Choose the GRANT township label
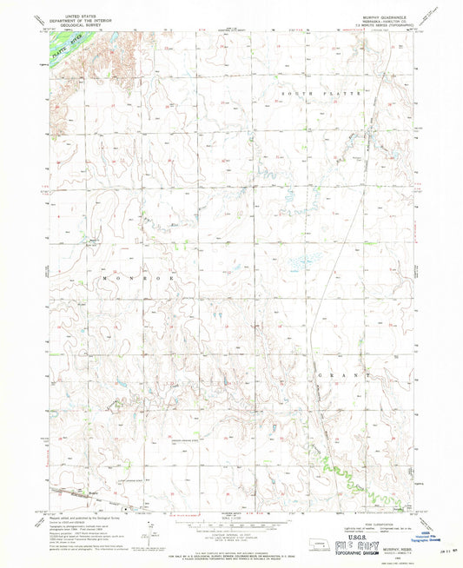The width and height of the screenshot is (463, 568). point(352,376)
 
